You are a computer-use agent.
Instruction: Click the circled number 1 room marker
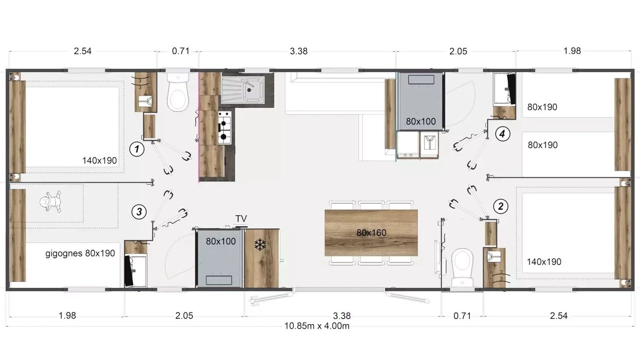[137, 149]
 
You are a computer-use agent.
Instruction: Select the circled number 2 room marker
[500, 206]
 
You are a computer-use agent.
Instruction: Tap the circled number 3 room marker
[139, 212]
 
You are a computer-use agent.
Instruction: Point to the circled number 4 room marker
[502, 133]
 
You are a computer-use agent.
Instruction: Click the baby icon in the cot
[50, 201]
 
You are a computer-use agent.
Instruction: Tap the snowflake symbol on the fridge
[260, 245]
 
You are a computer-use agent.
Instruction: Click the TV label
[241, 218]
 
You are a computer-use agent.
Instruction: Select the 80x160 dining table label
[371, 233]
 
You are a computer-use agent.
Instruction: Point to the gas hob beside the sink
[225, 127]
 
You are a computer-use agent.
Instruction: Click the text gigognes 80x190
[80, 253]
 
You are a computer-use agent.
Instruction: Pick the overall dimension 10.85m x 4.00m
[317, 326]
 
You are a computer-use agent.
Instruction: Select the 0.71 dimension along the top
[180, 51]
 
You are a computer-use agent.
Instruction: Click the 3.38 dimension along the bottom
[341, 315]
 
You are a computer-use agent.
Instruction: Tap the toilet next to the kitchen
[178, 92]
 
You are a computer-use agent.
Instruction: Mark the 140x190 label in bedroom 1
[99, 160]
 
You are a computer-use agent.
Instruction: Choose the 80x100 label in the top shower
[421, 121]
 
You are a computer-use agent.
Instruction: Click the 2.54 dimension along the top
[82, 51]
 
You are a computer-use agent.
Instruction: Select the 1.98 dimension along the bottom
[67, 315]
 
